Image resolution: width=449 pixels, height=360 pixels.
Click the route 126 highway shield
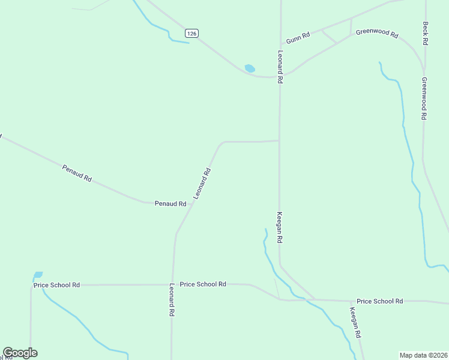(191, 34)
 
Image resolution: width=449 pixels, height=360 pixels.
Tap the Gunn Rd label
(298, 37)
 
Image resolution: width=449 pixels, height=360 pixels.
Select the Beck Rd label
(426, 34)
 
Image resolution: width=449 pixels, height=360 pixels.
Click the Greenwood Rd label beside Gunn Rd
(377, 34)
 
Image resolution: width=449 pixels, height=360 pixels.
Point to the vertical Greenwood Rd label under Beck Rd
(424, 98)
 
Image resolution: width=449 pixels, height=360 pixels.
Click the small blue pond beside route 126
(250, 68)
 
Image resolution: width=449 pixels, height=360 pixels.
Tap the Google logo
(20, 353)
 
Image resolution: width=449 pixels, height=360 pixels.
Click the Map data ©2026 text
(423, 355)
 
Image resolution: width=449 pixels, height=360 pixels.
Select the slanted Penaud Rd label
(77, 173)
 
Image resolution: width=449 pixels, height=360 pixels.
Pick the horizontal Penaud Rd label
(170, 204)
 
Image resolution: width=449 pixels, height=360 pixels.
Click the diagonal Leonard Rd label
(202, 184)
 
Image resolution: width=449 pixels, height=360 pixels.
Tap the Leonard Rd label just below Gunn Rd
(280, 67)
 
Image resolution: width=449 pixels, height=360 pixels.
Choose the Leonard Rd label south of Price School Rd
(172, 299)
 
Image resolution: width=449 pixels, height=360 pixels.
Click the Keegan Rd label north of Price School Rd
(280, 227)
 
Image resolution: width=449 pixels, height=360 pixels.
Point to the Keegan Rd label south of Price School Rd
(355, 322)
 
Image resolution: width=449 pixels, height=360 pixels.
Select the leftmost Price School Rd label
(56, 285)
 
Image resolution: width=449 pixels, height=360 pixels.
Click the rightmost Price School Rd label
(379, 301)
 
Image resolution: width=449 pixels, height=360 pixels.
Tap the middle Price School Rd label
(203, 284)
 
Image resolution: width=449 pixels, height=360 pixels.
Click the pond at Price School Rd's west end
(38, 275)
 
